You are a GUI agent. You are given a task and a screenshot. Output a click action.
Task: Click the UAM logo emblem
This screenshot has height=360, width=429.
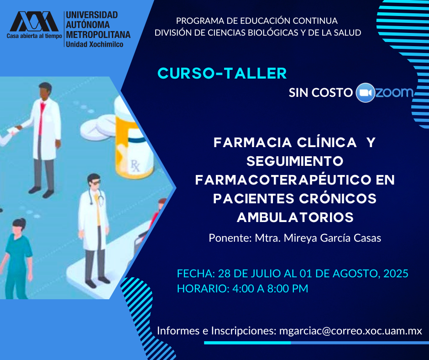[34, 21]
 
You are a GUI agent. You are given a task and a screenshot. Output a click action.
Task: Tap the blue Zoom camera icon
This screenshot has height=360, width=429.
[365, 93]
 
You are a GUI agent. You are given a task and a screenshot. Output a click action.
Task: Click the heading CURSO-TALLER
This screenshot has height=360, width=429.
[222, 74]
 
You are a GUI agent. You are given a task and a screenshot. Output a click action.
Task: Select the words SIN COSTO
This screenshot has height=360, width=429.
[321, 93]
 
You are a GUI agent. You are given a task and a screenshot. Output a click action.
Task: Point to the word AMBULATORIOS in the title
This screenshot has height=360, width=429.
[295, 217]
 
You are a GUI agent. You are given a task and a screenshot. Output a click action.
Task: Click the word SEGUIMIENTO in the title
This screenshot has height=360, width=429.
[295, 161]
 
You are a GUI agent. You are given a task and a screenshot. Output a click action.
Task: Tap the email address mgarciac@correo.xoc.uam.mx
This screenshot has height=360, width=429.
[351, 331]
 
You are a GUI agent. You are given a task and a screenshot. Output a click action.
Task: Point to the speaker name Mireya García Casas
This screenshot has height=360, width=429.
[332, 238]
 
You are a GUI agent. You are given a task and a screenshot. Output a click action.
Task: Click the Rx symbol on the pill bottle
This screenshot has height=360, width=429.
[136, 165]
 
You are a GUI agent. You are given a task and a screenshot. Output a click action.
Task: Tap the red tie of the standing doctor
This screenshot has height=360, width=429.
[42, 118]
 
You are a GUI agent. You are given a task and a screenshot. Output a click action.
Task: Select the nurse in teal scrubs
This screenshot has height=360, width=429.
[16, 258]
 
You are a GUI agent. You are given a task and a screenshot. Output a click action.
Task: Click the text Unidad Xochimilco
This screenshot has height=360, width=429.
[94, 44]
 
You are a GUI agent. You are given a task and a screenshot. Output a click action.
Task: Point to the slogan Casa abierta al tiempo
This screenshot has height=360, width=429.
[35, 36]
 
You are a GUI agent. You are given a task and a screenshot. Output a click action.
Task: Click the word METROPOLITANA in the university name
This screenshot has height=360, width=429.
[98, 35]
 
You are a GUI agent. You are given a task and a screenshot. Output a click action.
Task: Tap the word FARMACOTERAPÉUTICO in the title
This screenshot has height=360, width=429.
[282, 180]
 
